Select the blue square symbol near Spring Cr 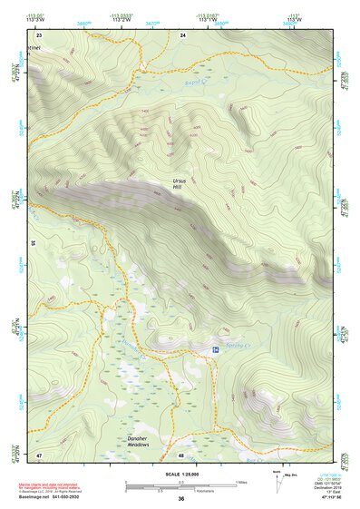(x=215, y=349)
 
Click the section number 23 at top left (x=39, y=34)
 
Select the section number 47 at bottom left (x=39, y=455)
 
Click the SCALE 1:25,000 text (x=180, y=473)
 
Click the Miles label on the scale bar (x=241, y=481)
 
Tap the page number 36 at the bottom (x=180, y=499)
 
